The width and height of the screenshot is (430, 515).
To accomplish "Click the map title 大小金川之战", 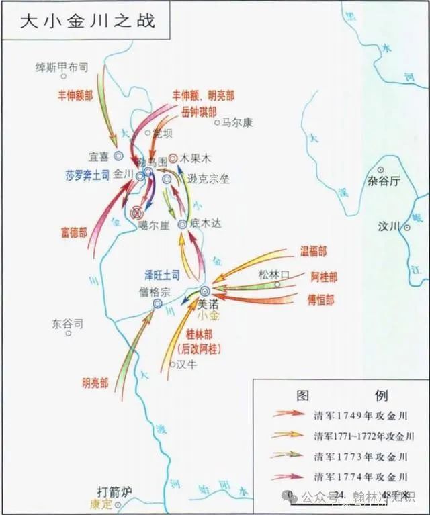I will click(87, 21).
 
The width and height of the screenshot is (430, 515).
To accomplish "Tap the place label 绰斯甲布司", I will click(61, 67).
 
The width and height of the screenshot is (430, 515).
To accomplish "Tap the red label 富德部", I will click(73, 232).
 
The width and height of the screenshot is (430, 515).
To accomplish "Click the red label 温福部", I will click(313, 252).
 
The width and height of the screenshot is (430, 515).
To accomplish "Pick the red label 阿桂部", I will click(324, 277).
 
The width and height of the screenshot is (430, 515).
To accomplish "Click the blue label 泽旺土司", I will click(163, 274).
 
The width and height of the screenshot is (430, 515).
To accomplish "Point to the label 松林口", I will click(273, 274).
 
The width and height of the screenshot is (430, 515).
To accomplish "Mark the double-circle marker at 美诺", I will click(204, 291).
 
